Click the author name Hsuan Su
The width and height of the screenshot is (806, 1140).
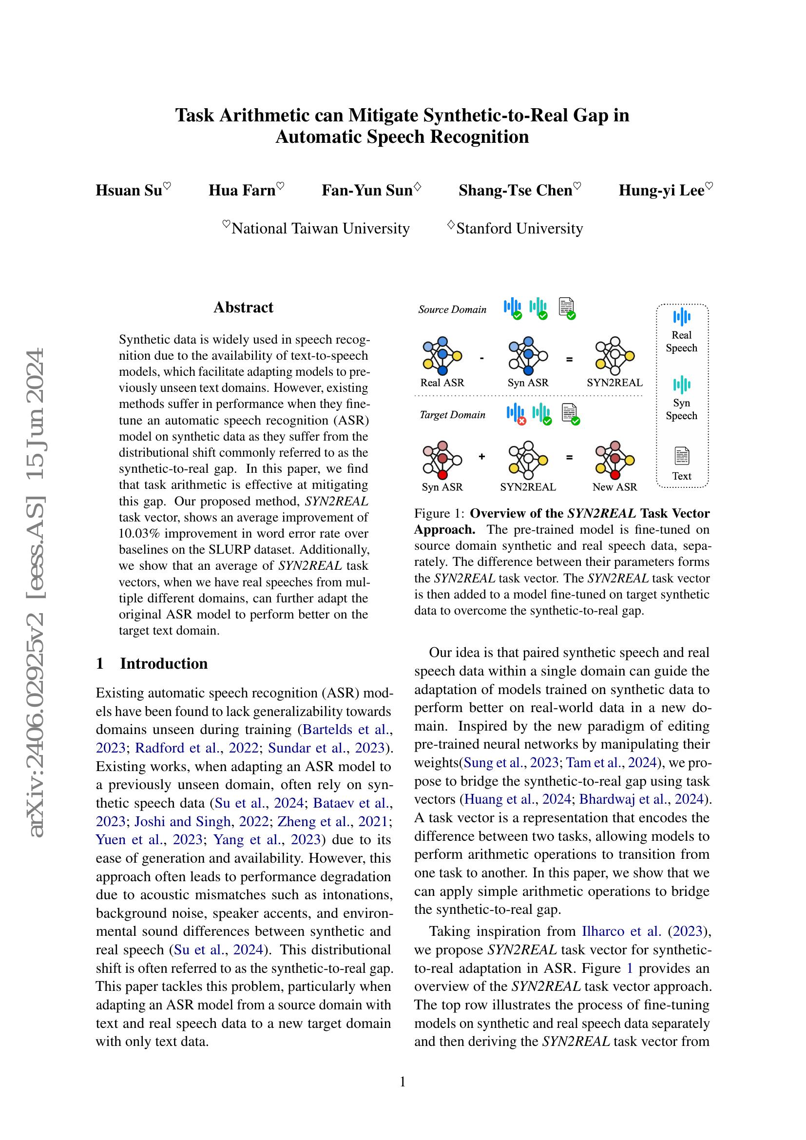[x=129, y=191]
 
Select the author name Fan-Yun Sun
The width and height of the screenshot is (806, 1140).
[x=367, y=191]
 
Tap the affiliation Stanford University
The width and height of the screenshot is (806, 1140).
[x=519, y=229]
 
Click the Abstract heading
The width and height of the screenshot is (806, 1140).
[x=243, y=308]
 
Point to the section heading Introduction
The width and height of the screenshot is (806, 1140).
[x=163, y=663]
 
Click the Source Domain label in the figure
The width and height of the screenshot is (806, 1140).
[x=452, y=310]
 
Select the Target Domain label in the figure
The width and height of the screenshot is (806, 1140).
[x=452, y=415]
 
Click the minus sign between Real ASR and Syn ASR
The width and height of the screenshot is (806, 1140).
[x=482, y=359]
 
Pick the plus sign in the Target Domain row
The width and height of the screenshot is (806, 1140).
[x=481, y=457]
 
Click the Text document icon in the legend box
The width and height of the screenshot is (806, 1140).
[x=682, y=456]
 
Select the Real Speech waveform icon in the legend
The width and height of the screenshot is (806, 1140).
[x=682, y=317]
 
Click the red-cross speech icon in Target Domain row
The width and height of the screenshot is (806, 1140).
[x=516, y=414]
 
